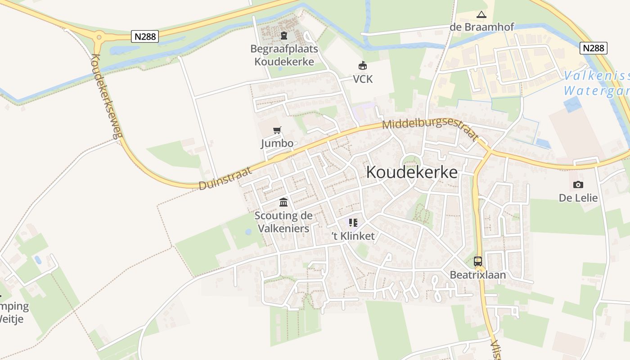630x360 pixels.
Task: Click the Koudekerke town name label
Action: pos(412,172)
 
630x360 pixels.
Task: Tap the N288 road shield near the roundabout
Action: pos(145,36)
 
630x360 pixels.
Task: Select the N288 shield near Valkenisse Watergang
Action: pos(594,48)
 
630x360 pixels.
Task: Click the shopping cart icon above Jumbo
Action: pos(277,130)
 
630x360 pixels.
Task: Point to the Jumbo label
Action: pos(277,144)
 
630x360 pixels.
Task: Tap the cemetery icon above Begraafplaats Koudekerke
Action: pos(284,36)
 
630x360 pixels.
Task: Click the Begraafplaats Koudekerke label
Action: pos(284,55)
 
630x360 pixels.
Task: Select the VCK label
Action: pos(363,79)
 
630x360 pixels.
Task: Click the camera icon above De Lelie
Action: pos(578,184)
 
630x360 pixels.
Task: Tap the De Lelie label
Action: pos(578,198)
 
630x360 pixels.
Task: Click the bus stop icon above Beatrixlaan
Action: pos(478,261)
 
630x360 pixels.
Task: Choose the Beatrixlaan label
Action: pos(478,275)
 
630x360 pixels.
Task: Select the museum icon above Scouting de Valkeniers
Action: pos(283,202)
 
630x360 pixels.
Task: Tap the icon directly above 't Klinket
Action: pos(353,223)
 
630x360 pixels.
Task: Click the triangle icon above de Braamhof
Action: pos(481,15)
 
